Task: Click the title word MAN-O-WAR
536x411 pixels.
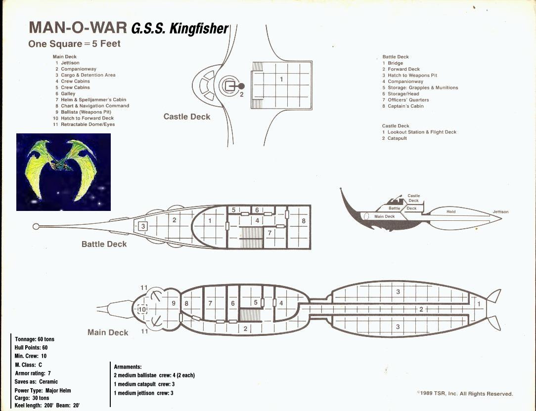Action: point(78,28)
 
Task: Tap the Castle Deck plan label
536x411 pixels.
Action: point(186,117)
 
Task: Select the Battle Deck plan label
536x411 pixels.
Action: point(104,244)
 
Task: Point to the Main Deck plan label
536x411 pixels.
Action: point(108,332)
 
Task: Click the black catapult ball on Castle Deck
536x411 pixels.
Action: point(241,86)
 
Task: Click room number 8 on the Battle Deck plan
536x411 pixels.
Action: point(304,221)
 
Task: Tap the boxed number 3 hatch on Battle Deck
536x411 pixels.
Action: point(143,226)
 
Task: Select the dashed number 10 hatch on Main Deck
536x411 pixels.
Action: point(142,310)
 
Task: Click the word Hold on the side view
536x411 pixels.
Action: point(451,211)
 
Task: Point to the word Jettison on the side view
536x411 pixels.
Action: point(500,212)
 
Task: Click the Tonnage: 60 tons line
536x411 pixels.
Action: point(35,339)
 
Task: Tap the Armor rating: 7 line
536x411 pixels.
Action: point(33,373)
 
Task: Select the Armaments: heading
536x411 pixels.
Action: point(128,367)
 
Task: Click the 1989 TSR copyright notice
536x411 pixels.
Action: point(465,394)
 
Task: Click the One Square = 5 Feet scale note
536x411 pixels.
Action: point(75,44)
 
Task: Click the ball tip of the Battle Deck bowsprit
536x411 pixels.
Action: point(36,227)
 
